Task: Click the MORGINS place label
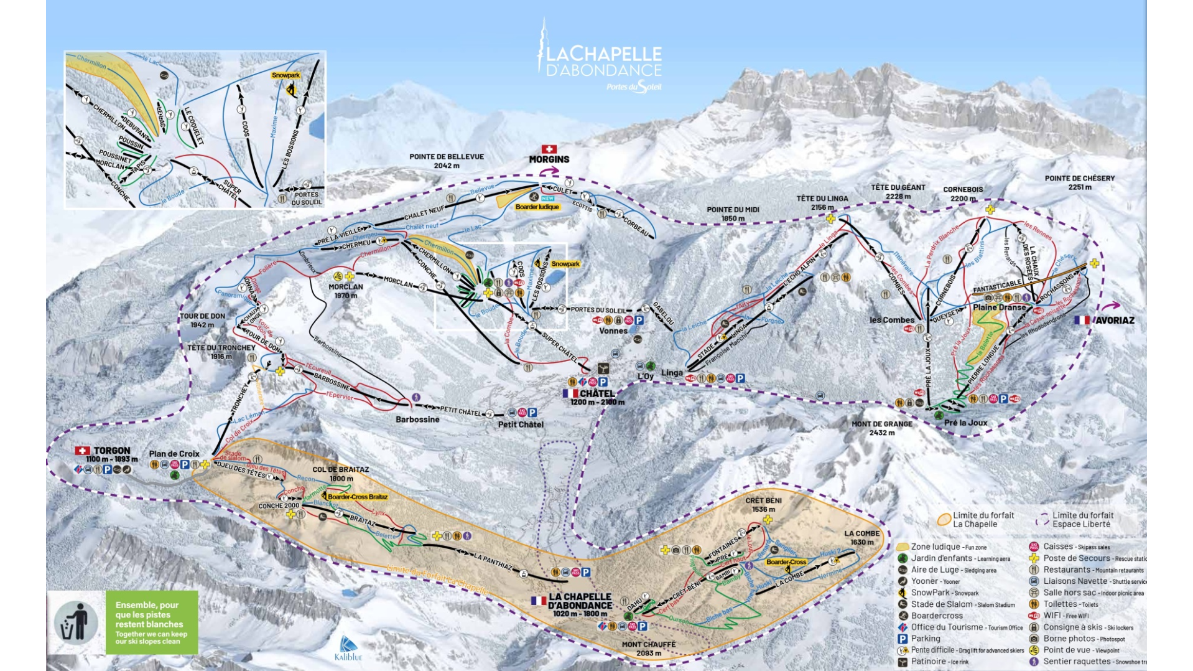549,159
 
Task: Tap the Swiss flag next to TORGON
82,450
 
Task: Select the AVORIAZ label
1114,320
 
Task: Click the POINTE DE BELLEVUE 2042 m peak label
446,161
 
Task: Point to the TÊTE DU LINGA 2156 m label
822,203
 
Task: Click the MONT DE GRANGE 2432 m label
881,428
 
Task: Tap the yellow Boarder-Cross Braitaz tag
357,497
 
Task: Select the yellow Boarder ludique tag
537,207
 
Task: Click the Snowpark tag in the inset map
285,75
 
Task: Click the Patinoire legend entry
929,662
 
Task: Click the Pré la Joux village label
965,423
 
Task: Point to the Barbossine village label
417,420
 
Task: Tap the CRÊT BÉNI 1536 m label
763,504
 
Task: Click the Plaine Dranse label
999,307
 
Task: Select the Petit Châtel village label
521,425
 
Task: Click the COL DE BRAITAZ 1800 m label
340,474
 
